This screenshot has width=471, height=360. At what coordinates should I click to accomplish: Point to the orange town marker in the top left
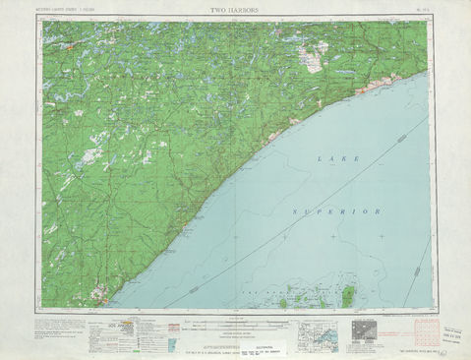(71, 44)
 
